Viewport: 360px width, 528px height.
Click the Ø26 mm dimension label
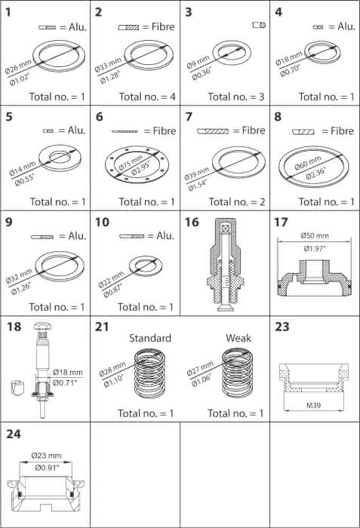[18, 66]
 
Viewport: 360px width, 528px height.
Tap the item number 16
[192, 223]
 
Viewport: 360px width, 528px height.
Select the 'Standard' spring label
[150, 338]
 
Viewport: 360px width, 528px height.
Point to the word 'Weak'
[238, 338]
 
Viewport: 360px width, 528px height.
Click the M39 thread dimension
[313, 406]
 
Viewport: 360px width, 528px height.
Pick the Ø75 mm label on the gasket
[131, 163]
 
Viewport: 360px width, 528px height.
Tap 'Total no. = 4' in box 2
[147, 97]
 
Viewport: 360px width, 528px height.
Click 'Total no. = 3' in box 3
[236, 97]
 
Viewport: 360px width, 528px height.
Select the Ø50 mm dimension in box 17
[315, 235]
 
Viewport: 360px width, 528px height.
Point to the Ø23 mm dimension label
[47, 456]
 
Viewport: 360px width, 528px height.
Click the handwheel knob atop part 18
[42, 326]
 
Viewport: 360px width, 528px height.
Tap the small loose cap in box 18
[17, 388]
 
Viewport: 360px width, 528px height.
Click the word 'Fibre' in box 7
[254, 130]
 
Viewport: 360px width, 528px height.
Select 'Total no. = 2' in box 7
[237, 202]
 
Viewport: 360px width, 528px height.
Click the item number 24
[14, 434]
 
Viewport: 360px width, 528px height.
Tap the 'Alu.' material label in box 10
[165, 235]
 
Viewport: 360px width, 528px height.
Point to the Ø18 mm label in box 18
[68, 372]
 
